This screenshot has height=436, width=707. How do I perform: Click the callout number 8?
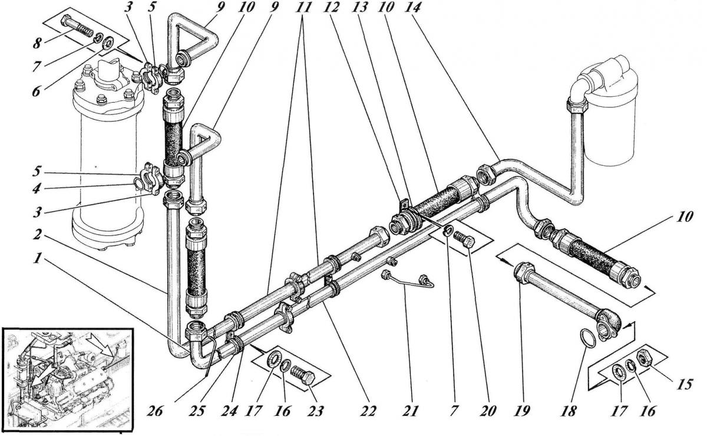pos(37,43)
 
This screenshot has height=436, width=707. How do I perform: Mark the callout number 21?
pos(409,411)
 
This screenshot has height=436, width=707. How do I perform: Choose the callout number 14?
pos(413,7)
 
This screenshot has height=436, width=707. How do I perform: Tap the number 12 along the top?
pos(331,7)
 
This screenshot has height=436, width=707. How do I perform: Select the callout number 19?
pos(521,411)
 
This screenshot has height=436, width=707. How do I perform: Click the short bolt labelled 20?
pos(464,242)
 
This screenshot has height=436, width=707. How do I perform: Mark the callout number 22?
pos(368,411)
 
